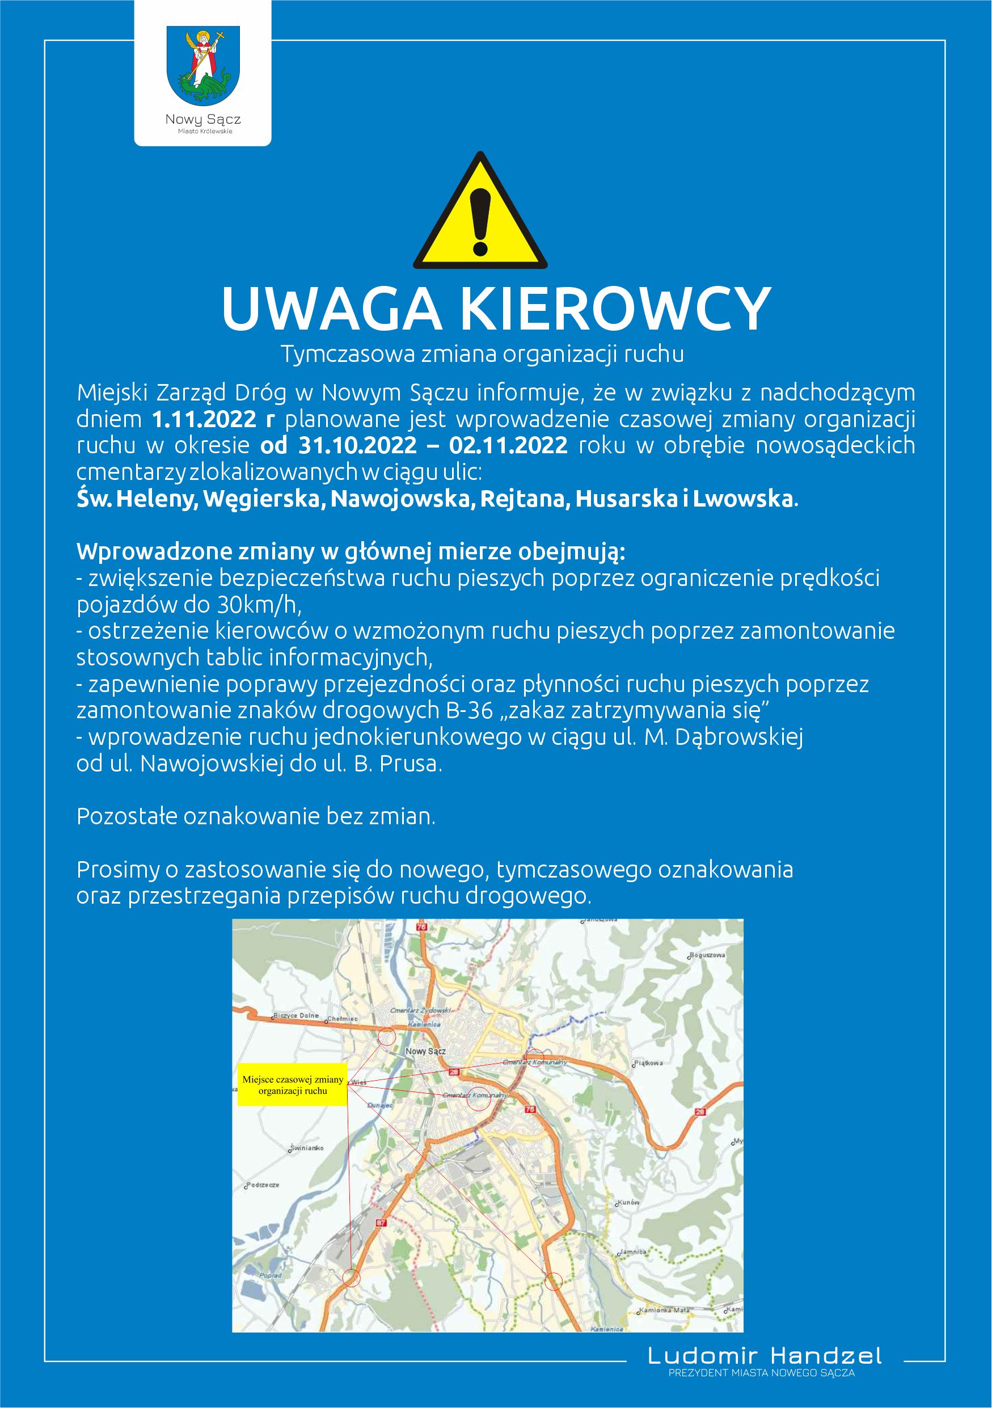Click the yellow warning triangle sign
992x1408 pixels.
[x=480, y=214]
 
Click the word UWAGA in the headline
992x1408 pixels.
[x=331, y=310]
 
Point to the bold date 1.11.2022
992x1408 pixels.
[x=204, y=420]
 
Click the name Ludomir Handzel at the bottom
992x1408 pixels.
[x=765, y=1355]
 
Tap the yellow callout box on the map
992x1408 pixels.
[x=293, y=1085]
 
